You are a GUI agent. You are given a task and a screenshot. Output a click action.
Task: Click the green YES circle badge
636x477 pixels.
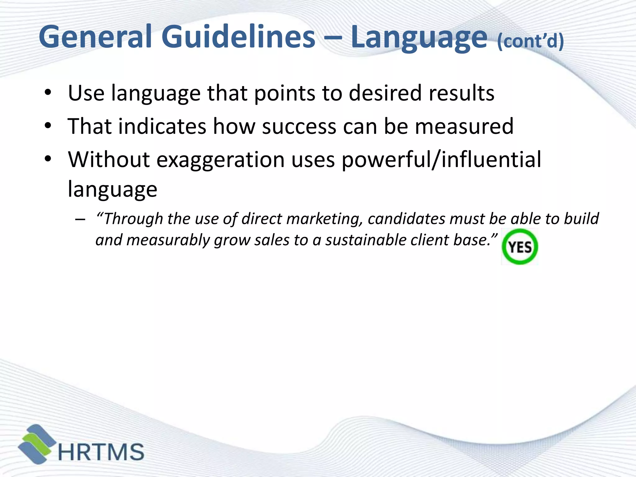(x=520, y=247)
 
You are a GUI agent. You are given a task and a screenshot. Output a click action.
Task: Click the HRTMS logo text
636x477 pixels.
(x=101, y=452)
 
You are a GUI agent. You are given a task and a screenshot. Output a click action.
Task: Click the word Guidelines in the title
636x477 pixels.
(x=238, y=37)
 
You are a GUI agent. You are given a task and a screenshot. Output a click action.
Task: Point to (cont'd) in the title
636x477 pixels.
(x=530, y=41)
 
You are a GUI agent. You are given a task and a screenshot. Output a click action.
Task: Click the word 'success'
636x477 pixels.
(x=299, y=126)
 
